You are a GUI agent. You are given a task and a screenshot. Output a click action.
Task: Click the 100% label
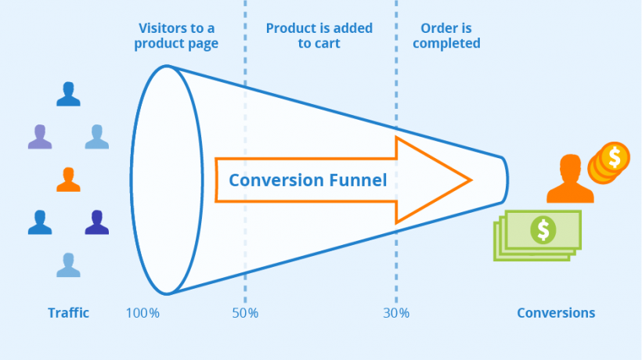point(142,313)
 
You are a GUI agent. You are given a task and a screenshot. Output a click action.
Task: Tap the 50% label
point(245,313)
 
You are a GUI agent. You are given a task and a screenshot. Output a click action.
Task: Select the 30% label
point(396,313)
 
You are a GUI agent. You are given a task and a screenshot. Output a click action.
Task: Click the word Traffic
point(68,313)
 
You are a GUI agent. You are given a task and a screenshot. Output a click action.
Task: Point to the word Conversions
point(555,313)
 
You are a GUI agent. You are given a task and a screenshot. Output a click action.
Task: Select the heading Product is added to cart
point(319,36)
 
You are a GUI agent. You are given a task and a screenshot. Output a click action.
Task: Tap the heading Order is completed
point(446,36)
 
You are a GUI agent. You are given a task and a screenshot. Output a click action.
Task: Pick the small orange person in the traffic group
point(68,179)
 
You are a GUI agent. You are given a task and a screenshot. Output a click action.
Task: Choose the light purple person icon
point(39,136)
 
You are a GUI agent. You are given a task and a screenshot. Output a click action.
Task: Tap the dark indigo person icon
point(96,222)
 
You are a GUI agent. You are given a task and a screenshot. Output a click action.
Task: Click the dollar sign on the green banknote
point(543,229)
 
